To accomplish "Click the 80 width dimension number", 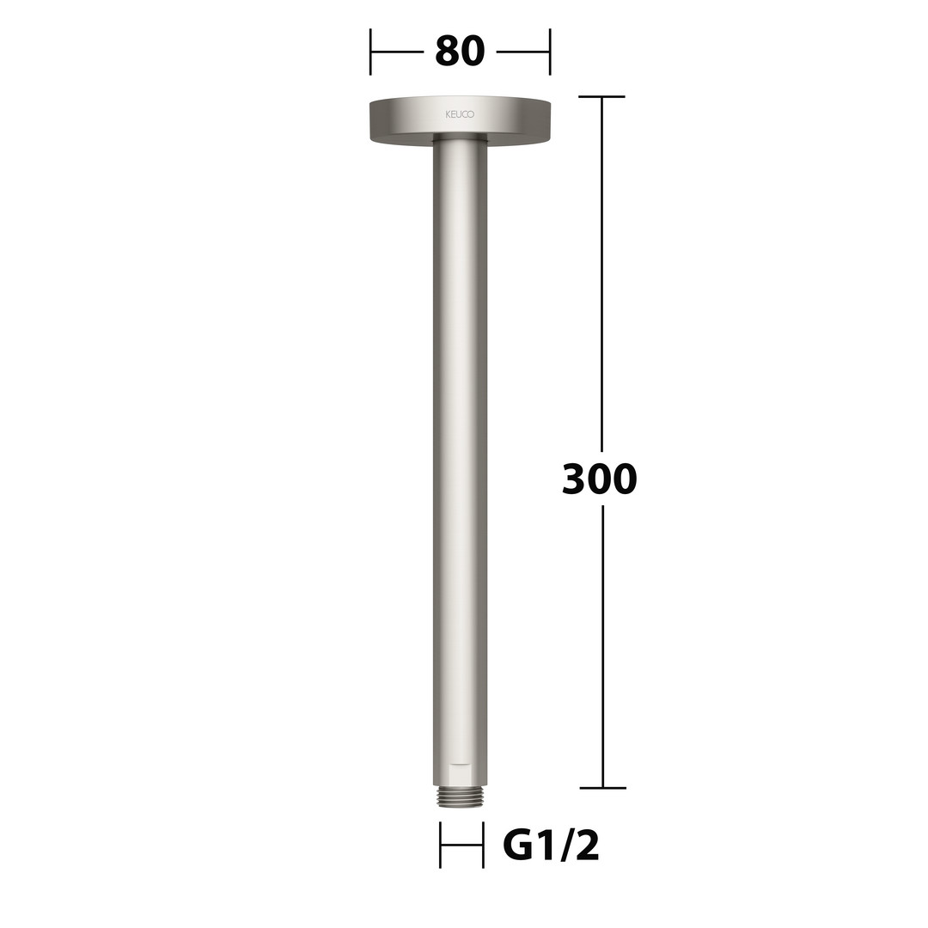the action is pyautogui.click(x=460, y=51).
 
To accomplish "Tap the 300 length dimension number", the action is pyautogui.click(x=600, y=479).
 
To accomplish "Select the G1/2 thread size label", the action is pyautogui.click(x=551, y=846).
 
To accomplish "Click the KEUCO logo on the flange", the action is pyautogui.click(x=460, y=114).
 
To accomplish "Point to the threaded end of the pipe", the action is pyautogui.click(x=461, y=797).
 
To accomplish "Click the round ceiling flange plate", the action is pyautogui.click(x=460, y=121).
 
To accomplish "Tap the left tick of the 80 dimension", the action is pyautogui.click(x=370, y=52).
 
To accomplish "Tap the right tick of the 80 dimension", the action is pyautogui.click(x=550, y=52).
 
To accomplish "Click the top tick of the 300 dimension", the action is pyautogui.click(x=601, y=96).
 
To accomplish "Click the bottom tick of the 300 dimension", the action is pyautogui.click(x=602, y=788).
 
